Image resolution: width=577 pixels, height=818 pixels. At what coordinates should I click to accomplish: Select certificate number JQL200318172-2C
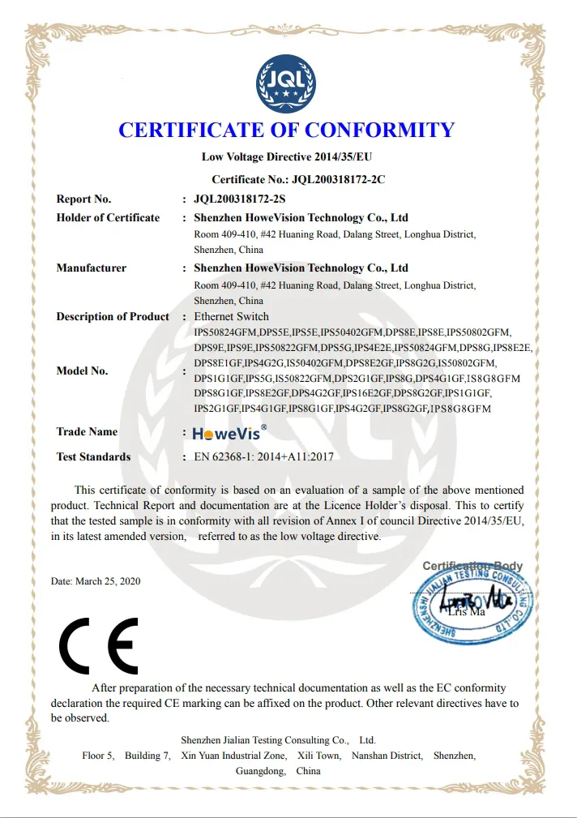[338, 178]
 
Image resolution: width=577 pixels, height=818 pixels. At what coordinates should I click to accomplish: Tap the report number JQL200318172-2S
[240, 199]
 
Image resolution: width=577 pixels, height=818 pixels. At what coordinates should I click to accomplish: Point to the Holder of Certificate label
[108, 217]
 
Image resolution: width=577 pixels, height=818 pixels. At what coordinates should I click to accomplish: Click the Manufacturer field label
[91, 268]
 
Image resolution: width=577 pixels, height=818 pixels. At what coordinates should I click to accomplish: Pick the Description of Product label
[113, 316]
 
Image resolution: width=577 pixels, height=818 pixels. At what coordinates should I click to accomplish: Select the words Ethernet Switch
[231, 316]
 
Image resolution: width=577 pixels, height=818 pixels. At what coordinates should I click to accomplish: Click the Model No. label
[82, 370]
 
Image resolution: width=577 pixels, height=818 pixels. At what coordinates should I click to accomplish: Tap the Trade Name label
[87, 431]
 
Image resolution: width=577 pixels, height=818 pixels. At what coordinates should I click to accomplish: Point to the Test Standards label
[93, 456]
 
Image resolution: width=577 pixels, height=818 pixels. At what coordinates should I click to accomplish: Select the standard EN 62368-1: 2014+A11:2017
[263, 456]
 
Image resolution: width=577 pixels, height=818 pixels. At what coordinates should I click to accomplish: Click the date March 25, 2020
[95, 581]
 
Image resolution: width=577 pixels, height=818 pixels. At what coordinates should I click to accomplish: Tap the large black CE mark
[98, 646]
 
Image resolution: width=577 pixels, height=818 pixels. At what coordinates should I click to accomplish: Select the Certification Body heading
[472, 566]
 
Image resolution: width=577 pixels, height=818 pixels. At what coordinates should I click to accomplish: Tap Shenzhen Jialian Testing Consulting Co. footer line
[278, 740]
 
